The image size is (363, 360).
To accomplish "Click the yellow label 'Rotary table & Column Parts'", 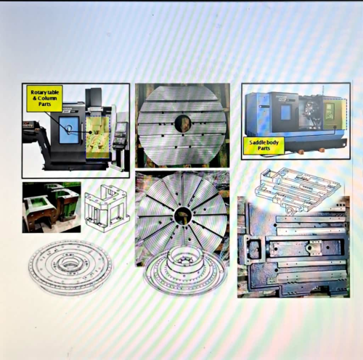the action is [x=44, y=99].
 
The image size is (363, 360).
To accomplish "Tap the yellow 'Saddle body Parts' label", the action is [x=264, y=145].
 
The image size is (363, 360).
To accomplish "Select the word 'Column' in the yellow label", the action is [x=47, y=98].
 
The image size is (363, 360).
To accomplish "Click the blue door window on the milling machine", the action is [x=69, y=130].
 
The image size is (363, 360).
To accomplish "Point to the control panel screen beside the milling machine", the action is [x=121, y=127].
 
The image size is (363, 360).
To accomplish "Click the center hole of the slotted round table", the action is [x=183, y=123].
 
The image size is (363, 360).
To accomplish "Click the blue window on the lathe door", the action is [x=286, y=112].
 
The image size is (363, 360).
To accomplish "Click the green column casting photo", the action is [x=52, y=208].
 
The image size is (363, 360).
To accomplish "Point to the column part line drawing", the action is [x=107, y=208].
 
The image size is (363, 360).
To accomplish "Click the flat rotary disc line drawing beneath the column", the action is [x=70, y=266].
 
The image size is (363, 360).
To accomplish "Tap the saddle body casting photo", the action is [x=293, y=247].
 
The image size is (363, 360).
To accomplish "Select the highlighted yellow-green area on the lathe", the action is [x=335, y=113].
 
